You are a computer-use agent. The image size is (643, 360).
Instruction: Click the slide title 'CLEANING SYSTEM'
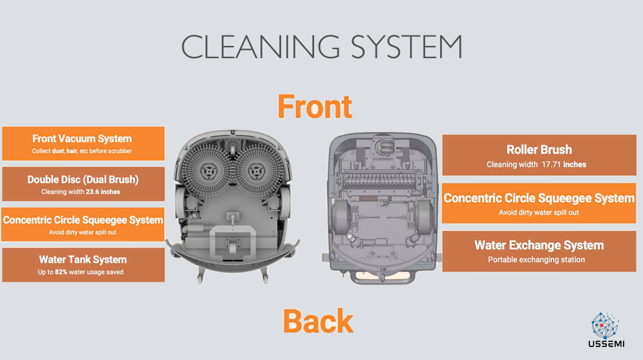coord(321,47)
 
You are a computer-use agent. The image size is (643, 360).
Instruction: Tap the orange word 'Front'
coord(315,107)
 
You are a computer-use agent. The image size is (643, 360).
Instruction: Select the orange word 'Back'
coord(318,321)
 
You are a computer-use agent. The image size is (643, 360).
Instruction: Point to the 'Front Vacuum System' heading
coord(82,139)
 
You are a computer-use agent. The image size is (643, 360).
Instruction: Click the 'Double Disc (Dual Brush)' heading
coord(83,180)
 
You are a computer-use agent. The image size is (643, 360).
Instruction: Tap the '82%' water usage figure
coord(63,272)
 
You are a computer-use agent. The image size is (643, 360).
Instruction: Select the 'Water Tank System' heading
coord(83,260)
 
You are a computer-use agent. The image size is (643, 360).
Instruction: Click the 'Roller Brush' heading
coord(539,150)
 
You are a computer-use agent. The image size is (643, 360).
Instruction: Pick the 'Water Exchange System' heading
coord(539,246)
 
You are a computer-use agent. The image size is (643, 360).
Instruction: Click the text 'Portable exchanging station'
coord(536,260)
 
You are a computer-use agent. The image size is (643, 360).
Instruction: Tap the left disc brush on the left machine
coord(208,171)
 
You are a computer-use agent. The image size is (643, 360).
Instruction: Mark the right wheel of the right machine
coord(423,217)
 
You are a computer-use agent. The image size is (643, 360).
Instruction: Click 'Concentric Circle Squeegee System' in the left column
coord(83,220)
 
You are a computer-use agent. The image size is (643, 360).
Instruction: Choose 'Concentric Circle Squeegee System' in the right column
coord(539,198)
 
